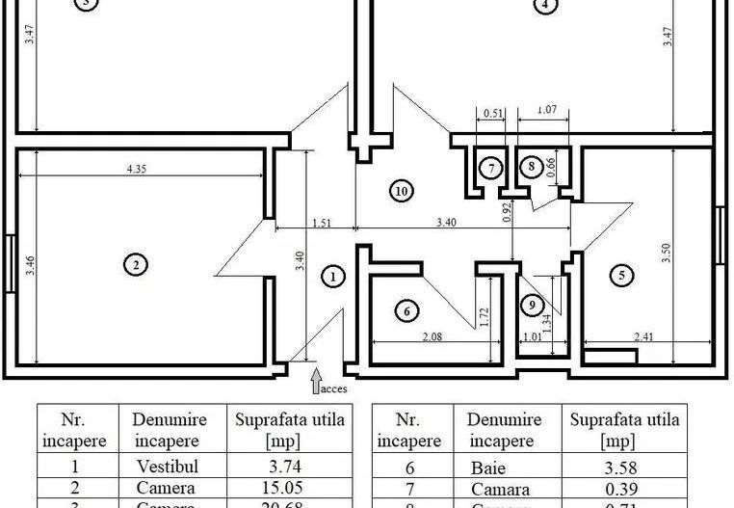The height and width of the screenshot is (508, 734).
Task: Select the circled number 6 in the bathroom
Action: pyautogui.click(x=406, y=310)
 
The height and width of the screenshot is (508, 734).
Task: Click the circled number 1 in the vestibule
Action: pyautogui.click(x=332, y=277)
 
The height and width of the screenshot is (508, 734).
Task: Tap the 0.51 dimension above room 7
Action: pyautogui.click(x=492, y=112)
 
